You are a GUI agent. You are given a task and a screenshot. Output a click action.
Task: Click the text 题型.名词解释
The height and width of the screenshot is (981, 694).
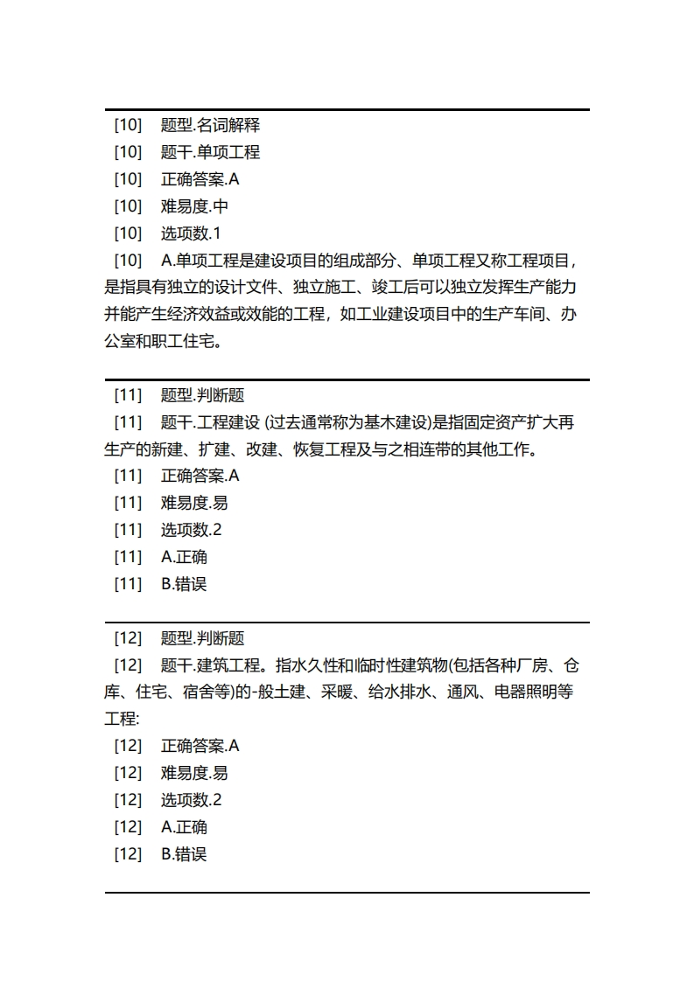(210, 125)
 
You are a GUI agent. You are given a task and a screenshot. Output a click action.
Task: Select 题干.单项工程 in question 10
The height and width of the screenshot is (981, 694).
(210, 152)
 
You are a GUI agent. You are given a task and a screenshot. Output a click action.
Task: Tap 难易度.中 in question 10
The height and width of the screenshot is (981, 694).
(194, 206)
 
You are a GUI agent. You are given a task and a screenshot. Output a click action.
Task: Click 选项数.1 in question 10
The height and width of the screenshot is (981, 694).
(191, 233)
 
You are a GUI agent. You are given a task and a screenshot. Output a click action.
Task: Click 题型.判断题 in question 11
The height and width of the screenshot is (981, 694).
(202, 395)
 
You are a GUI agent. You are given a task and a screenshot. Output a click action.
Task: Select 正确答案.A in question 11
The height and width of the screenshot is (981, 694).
(200, 476)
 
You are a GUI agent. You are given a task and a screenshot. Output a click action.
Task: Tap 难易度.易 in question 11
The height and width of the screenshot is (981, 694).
(194, 503)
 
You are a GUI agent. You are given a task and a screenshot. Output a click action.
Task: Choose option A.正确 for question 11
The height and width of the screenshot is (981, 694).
(184, 557)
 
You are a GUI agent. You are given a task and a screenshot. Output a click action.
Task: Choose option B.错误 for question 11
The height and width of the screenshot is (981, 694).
(184, 584)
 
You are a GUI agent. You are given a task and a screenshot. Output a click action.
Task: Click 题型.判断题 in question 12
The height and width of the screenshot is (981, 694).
(202, 638)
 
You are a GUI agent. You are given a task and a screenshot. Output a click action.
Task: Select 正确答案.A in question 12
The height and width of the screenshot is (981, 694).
(200, 746)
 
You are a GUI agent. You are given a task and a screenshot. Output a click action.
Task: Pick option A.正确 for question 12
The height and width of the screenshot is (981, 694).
(184, 827)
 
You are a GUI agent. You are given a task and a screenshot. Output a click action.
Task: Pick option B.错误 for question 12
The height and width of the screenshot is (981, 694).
(184, 854)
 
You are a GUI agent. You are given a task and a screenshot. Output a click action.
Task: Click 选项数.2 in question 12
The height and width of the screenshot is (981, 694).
(191, 800)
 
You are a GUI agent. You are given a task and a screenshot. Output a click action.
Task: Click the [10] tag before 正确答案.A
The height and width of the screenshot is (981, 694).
(128, 179)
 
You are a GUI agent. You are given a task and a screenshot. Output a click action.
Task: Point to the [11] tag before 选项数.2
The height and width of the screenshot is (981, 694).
(128, 530)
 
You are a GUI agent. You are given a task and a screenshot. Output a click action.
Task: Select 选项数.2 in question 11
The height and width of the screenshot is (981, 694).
(191, 530)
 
